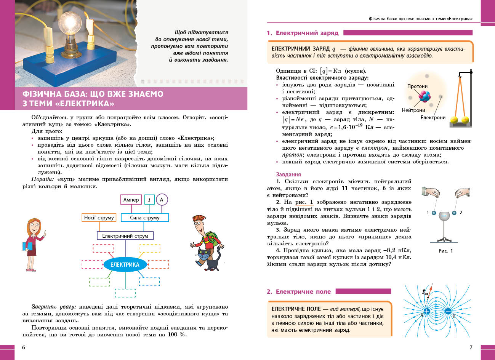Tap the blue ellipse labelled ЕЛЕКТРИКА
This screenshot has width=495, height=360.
125,265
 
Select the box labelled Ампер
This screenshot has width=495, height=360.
131,200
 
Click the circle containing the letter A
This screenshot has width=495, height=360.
162,200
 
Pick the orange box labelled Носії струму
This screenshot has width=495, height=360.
99,218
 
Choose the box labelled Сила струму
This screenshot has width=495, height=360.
145,218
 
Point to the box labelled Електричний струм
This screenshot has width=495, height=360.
125,236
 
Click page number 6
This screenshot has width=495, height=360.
24,347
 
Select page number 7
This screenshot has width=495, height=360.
471,347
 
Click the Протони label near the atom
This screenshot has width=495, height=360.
417,86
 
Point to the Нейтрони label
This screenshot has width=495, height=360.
413,110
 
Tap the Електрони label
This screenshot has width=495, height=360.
433,117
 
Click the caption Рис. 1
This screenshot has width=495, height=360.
445,251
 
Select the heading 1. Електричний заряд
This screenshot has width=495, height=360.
303,33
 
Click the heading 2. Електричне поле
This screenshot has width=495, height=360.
299,291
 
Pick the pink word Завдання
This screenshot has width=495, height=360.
288,174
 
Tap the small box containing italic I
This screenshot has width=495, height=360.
149,200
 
